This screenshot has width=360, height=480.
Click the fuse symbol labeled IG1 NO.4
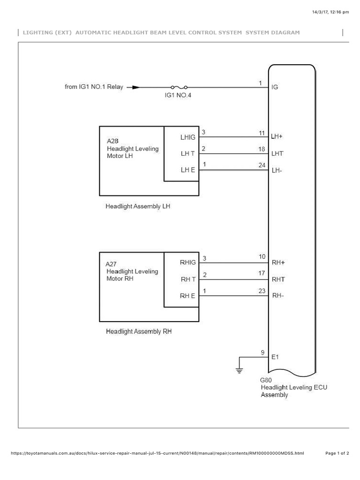pos(179,87)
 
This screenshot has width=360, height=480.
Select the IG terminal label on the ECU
pos(275,87)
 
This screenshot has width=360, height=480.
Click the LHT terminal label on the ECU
pos(277,153)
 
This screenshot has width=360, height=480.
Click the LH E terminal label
pos(188,170)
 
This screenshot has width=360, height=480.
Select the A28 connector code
pos(112,142)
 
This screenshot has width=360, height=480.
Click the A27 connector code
pos(112,264)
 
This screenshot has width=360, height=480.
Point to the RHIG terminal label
pos(188,262)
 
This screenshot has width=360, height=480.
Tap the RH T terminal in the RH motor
pos(188,279)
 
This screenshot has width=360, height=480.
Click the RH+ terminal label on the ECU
pos(278,262)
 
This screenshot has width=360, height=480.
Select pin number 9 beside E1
pos(262,352)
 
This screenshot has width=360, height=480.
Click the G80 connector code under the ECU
pos(266,380)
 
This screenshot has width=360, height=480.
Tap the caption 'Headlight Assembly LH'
pos(137,206)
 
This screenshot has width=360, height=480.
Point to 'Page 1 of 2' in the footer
pos(337,453)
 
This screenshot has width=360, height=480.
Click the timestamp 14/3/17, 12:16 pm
pos(330,12)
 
